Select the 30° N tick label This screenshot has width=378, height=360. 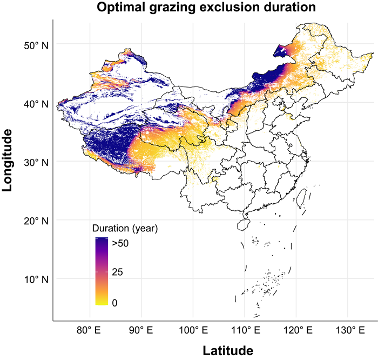point(36,162)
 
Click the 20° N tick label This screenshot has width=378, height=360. point(36,221)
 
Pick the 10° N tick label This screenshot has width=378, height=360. point(36,279)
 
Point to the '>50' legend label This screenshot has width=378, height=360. point(120,244)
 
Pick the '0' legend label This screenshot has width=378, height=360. point(114,303)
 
